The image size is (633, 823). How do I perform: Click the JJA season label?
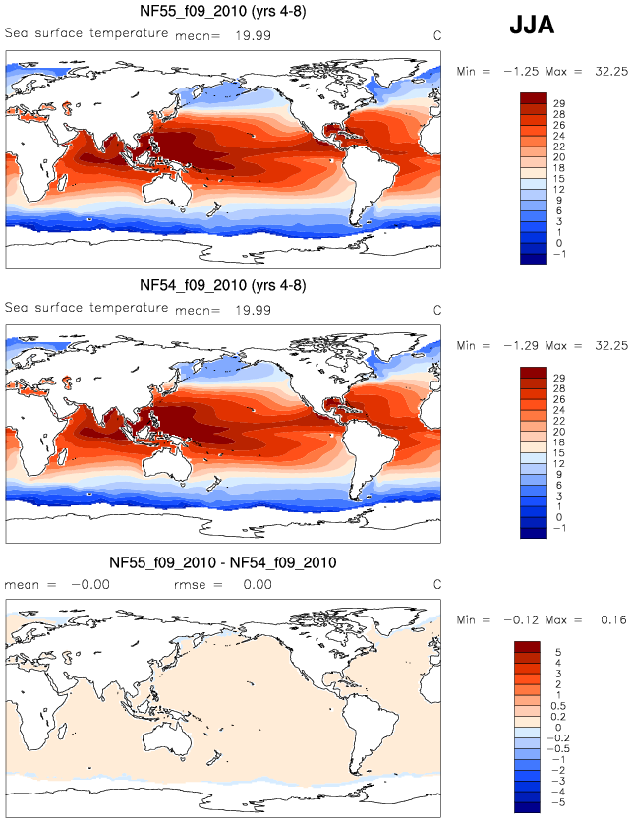532,27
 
